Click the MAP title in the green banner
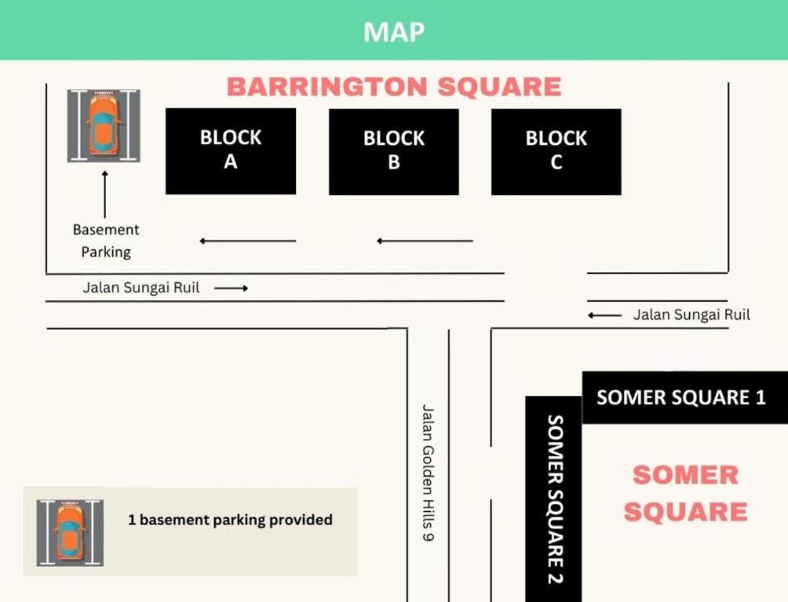click(x=393, y=32)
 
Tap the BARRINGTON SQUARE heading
click(x=394, y=86)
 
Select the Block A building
click(x=231, y=151)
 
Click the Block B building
click(x=394, y=151)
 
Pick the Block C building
click(x=556, y=151)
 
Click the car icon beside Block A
click(x=104, y=126)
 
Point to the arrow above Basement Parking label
click(x=105, y=194)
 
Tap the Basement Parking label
click(x=106, y=241)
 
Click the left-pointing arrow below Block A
click(x=248, y=241)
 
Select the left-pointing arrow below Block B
click(x=425, y=241)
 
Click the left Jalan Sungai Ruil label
click(x=140, y=288)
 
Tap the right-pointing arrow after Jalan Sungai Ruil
click(x=232, y=288)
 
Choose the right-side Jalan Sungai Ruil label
click(x=691, y=315)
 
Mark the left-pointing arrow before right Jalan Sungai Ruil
click(x=604, y=315)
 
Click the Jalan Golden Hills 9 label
click(x=427, y=473)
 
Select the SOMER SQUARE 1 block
click(x=685, y=397)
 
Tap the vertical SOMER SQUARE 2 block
click(x=554, y=499)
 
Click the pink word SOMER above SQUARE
click(x=685, y=475)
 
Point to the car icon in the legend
click(x=70, y=533)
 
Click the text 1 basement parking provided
click(x=230, y=520)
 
